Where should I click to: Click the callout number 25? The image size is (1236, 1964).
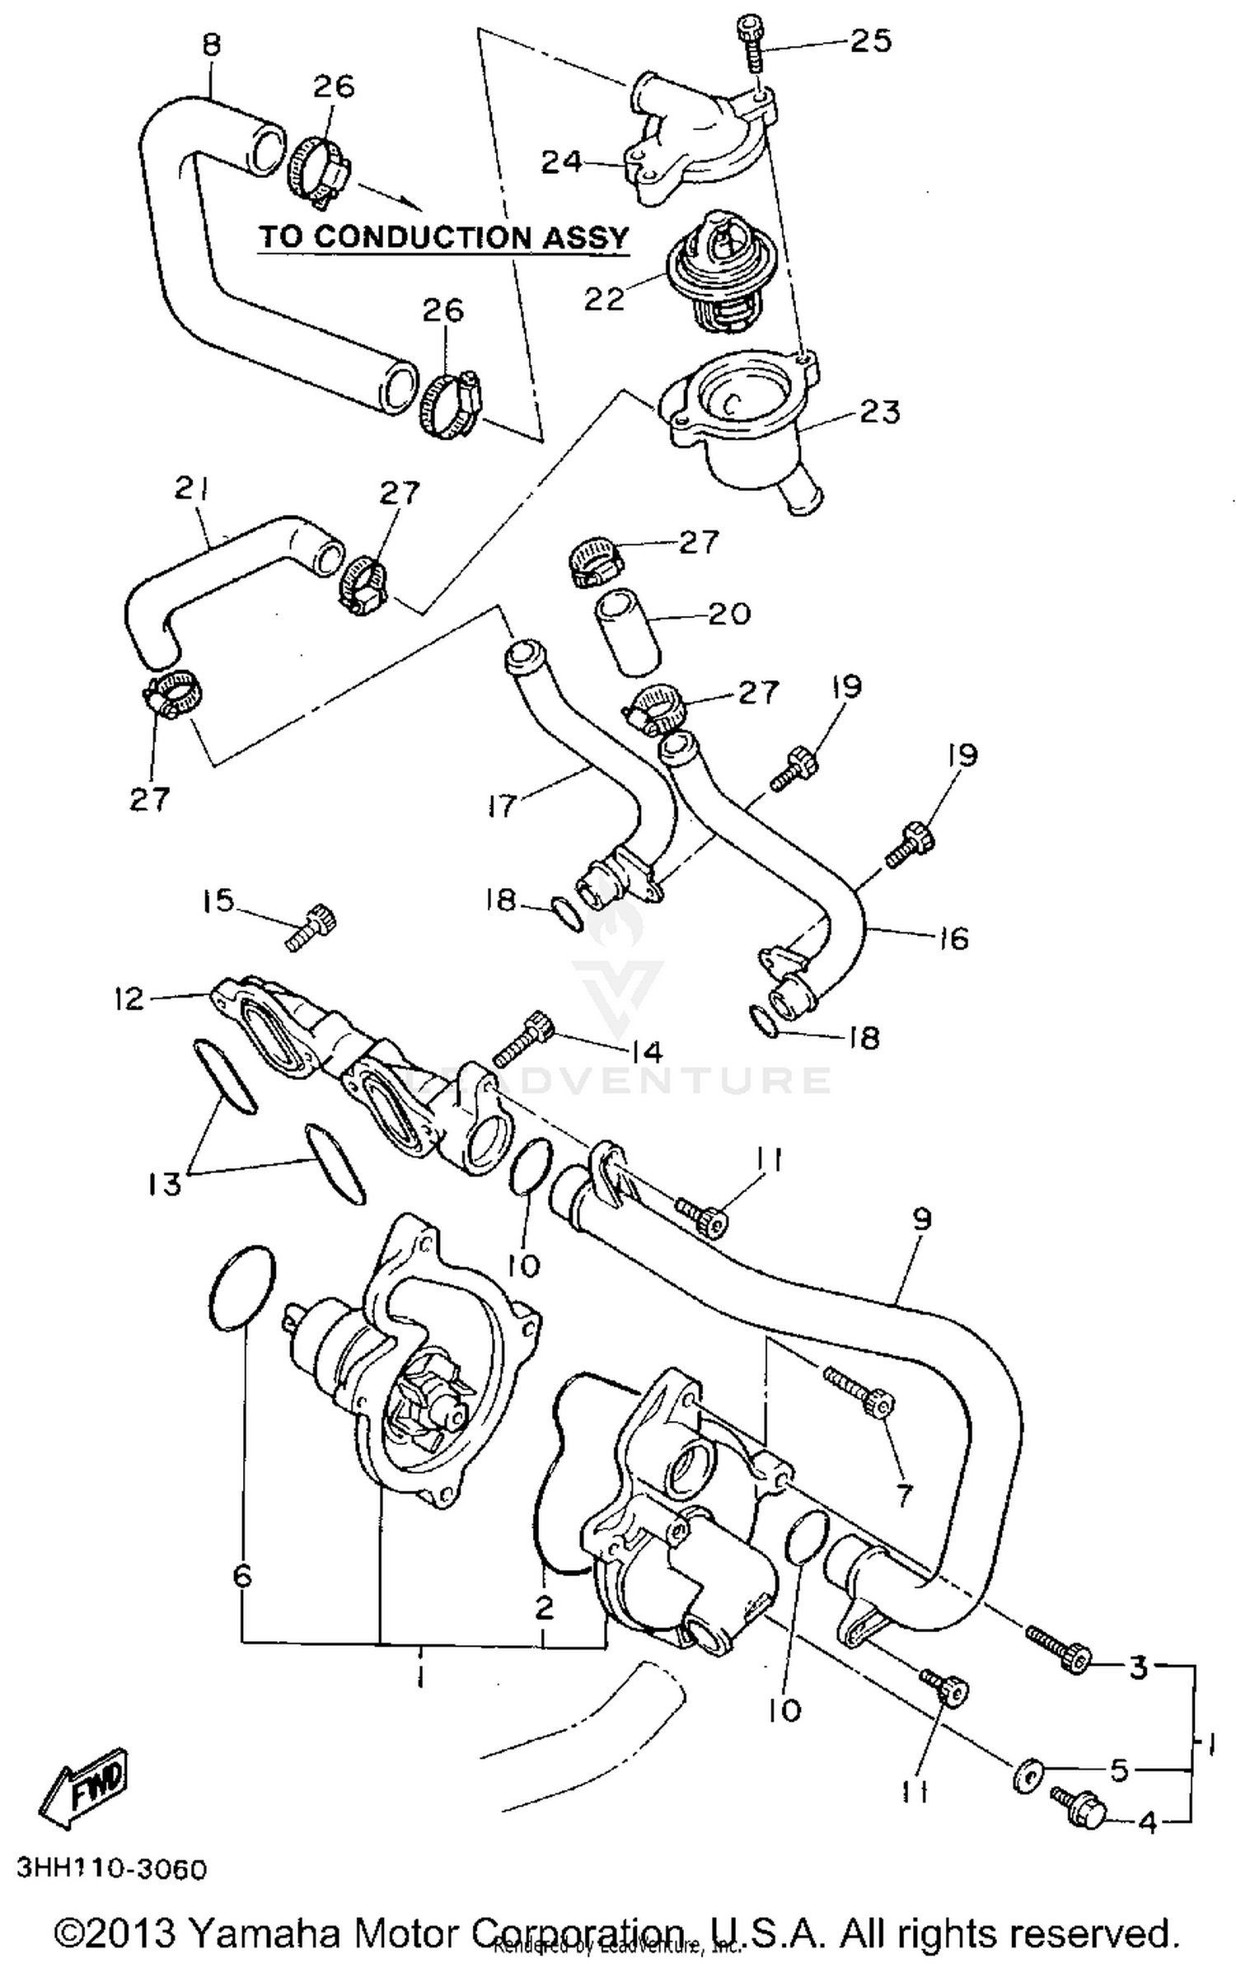pos(871,40)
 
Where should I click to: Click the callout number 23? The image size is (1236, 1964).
pos(879,411)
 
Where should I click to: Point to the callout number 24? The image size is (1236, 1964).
pos(562,161)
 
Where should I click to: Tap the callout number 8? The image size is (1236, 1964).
pos(212,45)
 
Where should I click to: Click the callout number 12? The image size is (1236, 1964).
pos(130,998)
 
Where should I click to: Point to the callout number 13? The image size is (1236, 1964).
pos(165,1185)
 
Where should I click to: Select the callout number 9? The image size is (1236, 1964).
pos(921,1220)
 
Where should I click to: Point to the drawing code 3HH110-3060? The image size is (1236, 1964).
pos(111,1869)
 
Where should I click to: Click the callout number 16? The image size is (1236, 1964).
pos(953,938)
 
